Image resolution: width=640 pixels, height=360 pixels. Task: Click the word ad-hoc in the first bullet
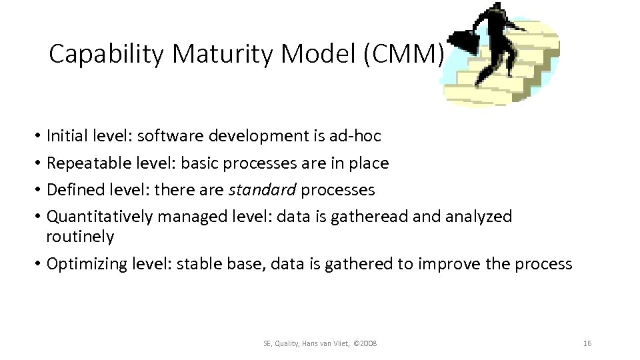coord(355,136)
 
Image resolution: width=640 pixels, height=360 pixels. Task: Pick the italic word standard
coord(263,190)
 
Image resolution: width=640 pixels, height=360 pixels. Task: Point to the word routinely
coord(80,237)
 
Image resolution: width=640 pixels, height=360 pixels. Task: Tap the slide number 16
coord(587,343)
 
